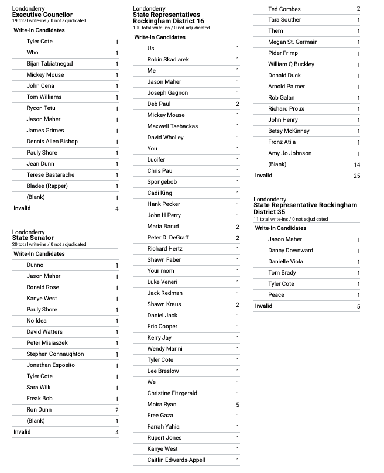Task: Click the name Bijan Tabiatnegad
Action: [49, 64]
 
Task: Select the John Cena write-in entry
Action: [40, 86]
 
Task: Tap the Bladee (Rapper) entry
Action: [47, 186]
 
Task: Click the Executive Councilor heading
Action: [42, 15]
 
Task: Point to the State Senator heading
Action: [33, 238]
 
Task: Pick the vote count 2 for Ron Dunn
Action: [117, 410]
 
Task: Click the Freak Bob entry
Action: [40, 399]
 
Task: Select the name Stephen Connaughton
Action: [55, 354]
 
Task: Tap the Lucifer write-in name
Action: [156, 160]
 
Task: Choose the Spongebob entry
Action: [162, 182]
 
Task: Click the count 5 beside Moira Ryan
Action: [238, 405]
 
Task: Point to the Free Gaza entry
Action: [162, 416]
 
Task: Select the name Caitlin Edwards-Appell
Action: [176, 460]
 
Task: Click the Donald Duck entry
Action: [284, 76]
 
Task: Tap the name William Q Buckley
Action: [291, 64]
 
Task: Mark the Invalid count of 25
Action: [356, 176]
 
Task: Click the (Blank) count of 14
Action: [356, 164]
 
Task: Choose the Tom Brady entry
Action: [282, 273]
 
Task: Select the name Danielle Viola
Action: [286, 262]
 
